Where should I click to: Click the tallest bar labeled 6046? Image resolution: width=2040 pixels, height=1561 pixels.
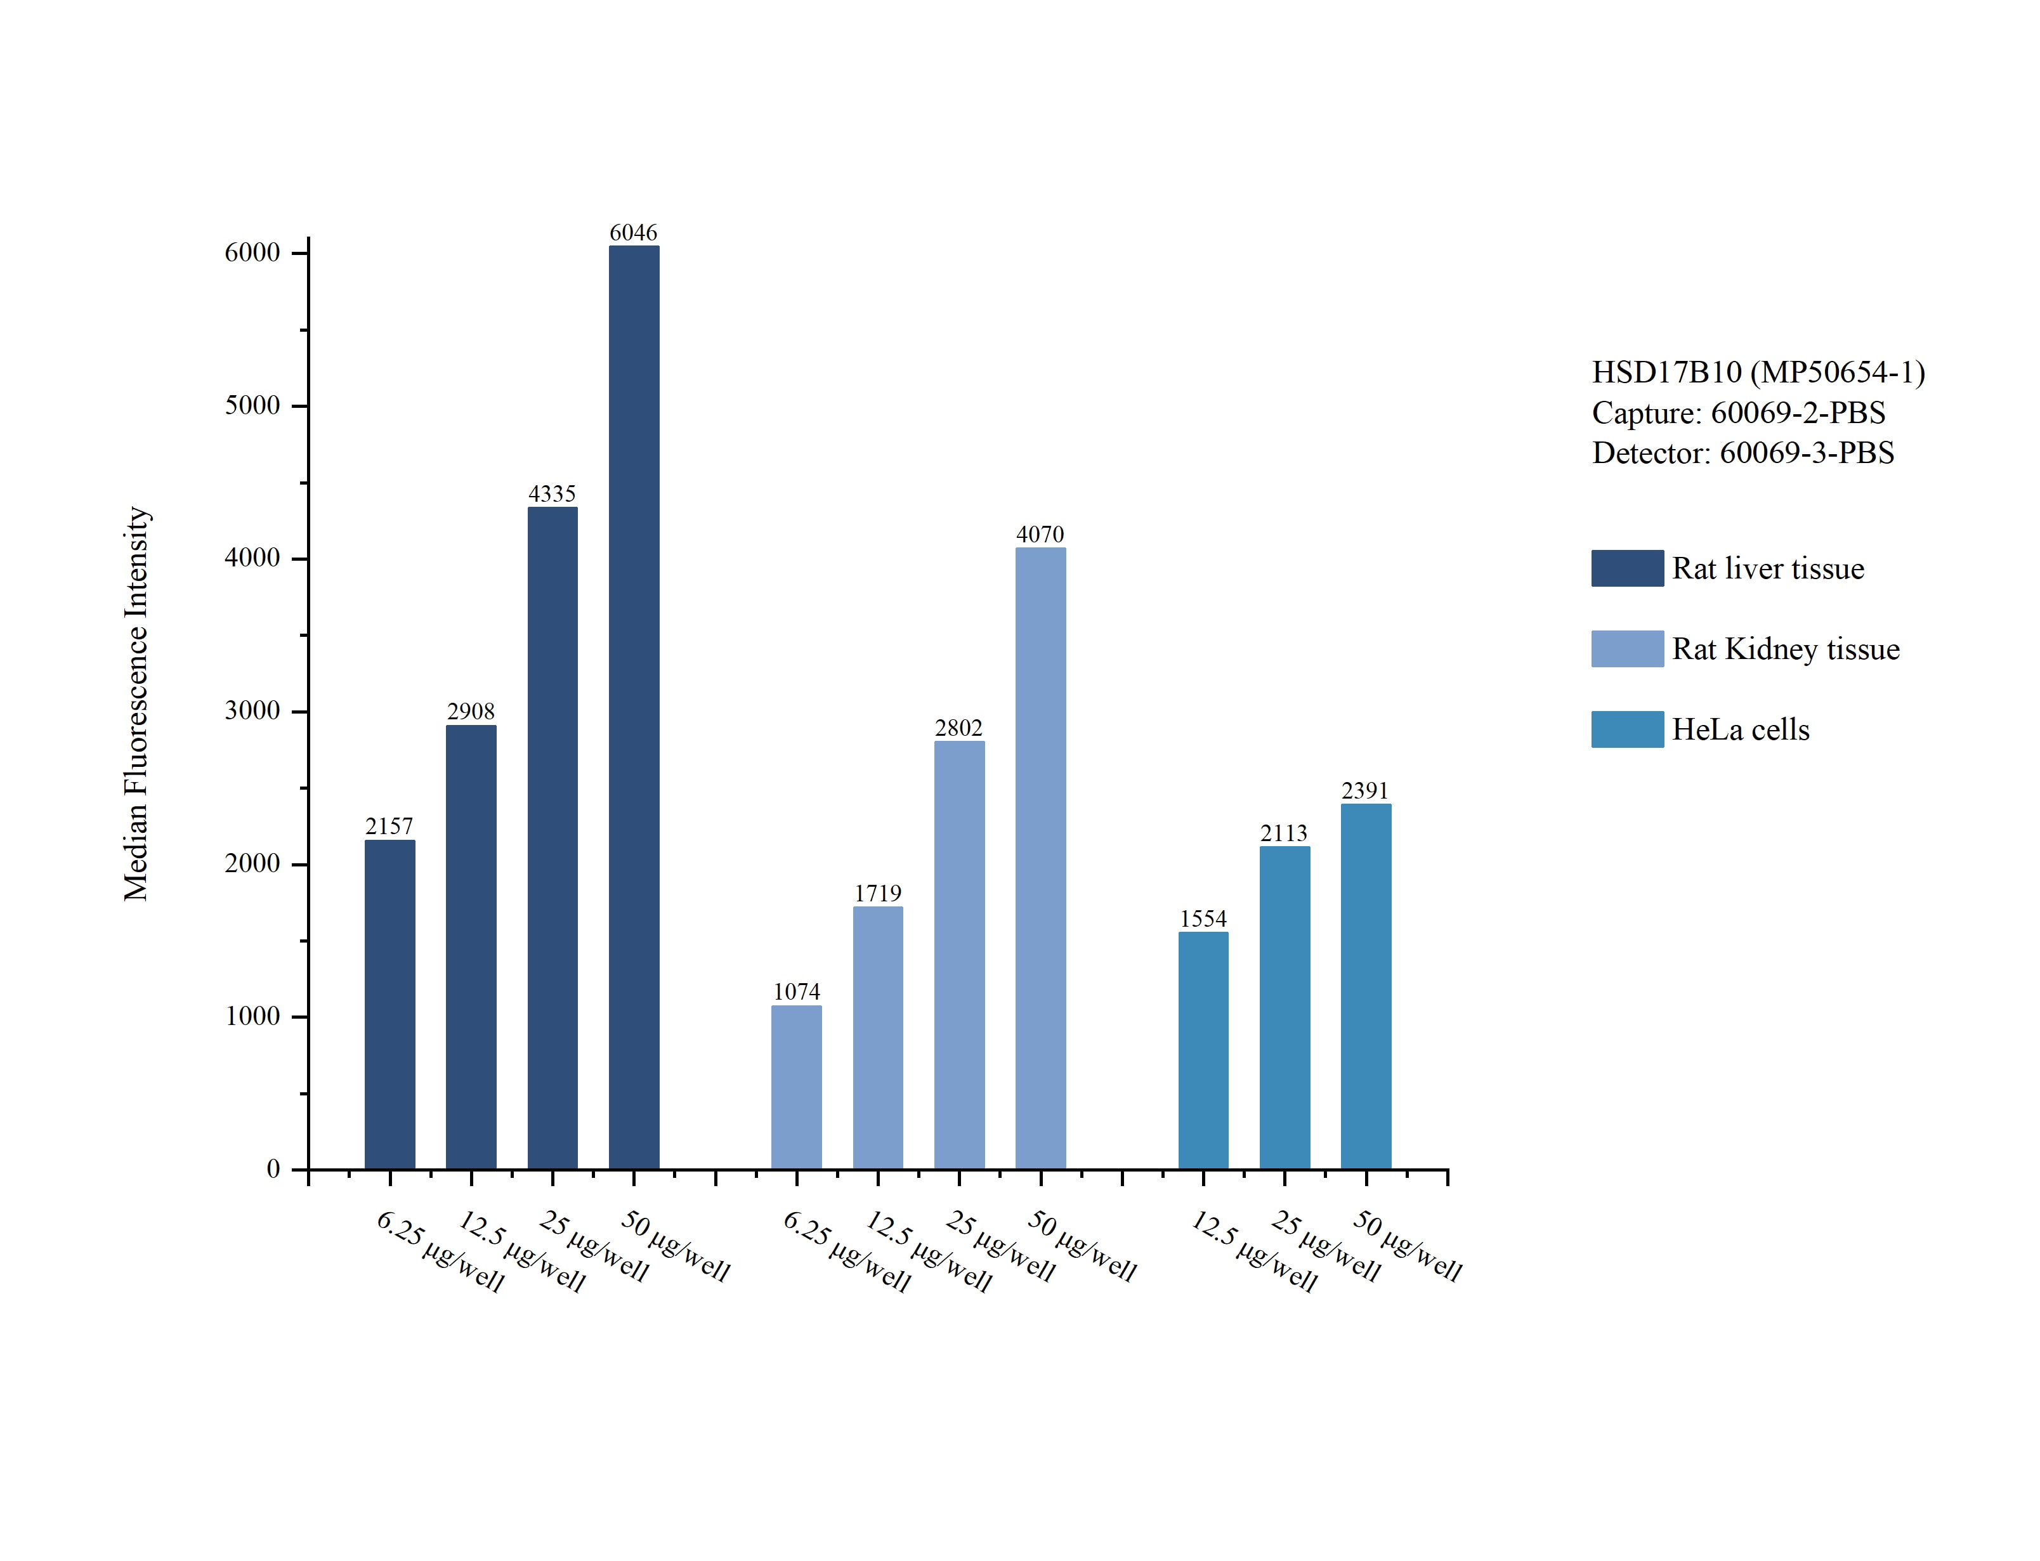(634, 706)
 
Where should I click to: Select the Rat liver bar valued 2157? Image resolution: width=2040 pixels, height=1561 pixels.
(389, 1003)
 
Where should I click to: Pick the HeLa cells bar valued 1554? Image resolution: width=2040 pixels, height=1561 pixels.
(1203, 1050)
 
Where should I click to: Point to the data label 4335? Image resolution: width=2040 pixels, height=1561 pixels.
(552, 493)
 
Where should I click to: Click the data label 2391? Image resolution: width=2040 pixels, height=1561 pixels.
(1364, 791)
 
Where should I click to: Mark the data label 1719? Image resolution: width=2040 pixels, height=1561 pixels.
(878, 893)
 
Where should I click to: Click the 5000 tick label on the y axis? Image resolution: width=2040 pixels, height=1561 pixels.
(252, 405)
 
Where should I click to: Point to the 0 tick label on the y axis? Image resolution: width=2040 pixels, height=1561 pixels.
(273, 1169)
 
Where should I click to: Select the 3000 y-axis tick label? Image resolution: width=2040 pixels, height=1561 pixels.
(252, 711)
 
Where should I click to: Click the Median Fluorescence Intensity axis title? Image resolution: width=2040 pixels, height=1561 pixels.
(136, 703)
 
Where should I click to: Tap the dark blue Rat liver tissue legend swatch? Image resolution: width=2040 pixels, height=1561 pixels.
(1626, 568)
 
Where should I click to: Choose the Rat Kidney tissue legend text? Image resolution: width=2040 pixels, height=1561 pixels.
(1786, 648)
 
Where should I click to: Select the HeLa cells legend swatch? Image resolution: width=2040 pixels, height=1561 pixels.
(1626, 729)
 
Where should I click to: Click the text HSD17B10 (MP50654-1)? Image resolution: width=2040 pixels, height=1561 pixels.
(1758, 372)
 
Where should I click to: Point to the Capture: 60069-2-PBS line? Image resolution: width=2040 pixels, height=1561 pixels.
(1738, 412)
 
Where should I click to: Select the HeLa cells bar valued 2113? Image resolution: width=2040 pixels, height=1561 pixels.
(1284, 1007)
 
